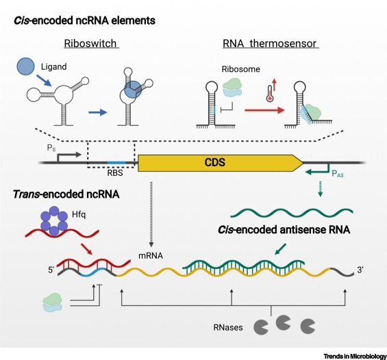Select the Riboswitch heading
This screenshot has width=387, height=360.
click(92, 44)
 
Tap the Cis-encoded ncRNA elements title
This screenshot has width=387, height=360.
click(82, 21)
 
